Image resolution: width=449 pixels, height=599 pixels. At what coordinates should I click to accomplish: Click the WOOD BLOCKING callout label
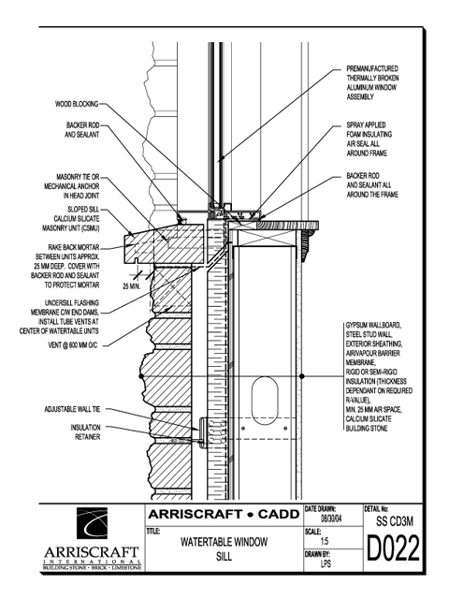77,104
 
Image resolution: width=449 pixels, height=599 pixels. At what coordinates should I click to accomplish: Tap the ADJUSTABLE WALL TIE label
72,409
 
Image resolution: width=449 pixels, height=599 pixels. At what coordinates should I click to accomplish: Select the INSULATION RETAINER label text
85,432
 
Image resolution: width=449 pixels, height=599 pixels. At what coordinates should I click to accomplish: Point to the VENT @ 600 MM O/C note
73,345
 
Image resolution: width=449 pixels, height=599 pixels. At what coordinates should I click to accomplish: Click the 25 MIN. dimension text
132,286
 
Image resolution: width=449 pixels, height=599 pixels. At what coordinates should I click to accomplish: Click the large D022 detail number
393,548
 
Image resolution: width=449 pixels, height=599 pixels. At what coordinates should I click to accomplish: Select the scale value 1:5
325,541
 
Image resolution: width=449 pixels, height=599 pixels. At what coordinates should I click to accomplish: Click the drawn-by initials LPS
326,563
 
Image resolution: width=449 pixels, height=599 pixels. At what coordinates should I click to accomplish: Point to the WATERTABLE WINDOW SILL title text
224,549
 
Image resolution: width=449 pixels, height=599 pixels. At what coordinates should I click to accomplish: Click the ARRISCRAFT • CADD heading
224,514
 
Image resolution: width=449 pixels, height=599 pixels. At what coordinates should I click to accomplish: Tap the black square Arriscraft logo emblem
92,523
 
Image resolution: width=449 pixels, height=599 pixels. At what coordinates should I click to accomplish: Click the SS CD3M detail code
395,521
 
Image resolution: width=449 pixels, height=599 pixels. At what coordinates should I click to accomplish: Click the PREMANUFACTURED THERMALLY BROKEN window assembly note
372,83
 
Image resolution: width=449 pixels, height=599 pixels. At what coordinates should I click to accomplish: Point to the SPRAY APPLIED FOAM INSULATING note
369,139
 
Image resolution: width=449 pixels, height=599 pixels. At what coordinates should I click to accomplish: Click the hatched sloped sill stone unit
165,244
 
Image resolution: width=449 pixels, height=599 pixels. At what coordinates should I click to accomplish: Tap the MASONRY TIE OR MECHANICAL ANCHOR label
72,186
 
